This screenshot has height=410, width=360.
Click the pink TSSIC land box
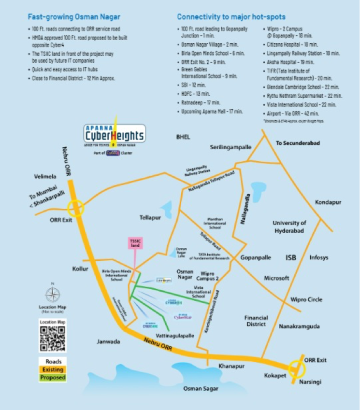[134, 243]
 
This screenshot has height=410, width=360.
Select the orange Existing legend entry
[53, 369]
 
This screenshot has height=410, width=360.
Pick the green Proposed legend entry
[53, 377]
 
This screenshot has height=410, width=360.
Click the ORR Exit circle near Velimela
[76, 209]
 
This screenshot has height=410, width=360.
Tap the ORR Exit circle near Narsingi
[297, 369]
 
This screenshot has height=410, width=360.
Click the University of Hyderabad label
[289, 226]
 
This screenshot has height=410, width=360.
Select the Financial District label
[256, 321]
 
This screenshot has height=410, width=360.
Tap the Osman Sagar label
[200, 388]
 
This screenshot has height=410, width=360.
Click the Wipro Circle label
[306, 299]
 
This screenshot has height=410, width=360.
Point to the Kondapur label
[328, 202]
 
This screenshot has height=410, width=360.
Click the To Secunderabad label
[298, 143]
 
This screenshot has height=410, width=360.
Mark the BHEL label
[183, 138]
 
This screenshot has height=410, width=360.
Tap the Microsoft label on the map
[276, 278]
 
